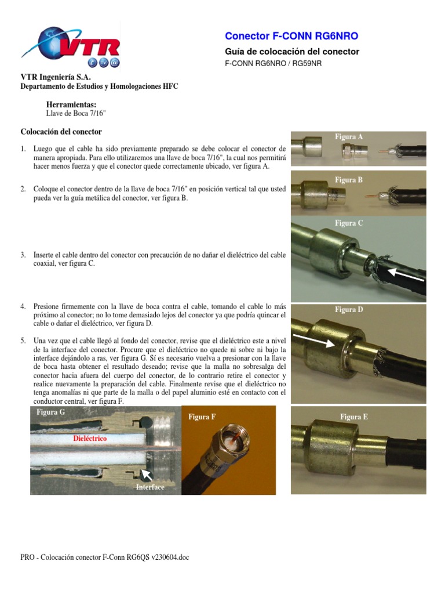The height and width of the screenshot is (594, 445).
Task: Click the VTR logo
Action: coord(71,46)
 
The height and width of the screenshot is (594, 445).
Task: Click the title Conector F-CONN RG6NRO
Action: coord(291,36)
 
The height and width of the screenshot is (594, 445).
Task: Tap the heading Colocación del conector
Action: coord(61,132)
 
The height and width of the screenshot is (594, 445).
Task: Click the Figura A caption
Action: coord(349,137)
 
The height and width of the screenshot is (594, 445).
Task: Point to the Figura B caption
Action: coord(349,180)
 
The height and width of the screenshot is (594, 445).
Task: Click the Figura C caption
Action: coord(349,223)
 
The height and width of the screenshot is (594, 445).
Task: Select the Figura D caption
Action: coord(349,309)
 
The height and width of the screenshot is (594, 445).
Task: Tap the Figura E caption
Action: coord(353,416)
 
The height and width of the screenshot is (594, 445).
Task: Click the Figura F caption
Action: coord(202,416)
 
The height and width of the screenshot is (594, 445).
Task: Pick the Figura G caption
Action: coord(50,412)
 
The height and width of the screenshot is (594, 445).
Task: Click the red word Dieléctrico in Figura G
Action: coord(90,439)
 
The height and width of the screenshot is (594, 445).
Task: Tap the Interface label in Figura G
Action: coord(149,487)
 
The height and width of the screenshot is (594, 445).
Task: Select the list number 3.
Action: coord(23,255)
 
